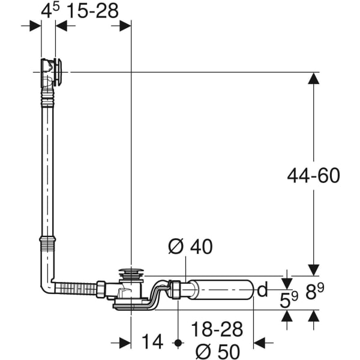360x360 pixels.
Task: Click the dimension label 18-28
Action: pyautogui.click(x=217, y=329)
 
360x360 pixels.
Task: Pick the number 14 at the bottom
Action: pyautogui.click(x=153, y=342)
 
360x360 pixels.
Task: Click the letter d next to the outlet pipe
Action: pyautogui.click(x=262, y=291)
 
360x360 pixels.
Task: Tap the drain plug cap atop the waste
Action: pyautogui.click(x=130, y=273)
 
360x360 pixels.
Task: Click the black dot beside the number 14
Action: pyautogui.click(x=178, y=343)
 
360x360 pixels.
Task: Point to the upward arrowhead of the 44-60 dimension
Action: pyautogui.click(x=313, y=79)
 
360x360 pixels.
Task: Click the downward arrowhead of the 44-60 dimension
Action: pyautogui.click(x=313, y=269)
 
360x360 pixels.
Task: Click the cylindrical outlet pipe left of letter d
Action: pyautogui.click(x=222, y=291)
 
